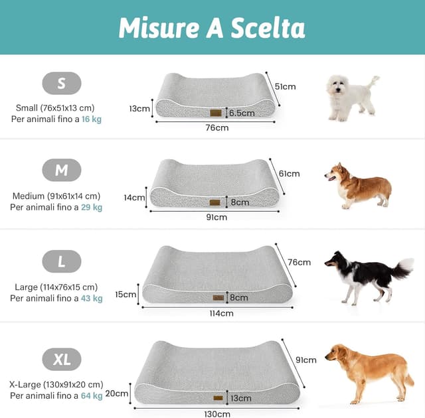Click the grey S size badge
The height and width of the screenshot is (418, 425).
pos(62,83)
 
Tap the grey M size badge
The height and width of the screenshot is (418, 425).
pos(62,170)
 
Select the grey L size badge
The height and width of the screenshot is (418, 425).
pos(62,261)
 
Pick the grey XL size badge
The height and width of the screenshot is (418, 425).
pos(62,359)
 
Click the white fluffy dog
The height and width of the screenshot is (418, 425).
pos(352,98)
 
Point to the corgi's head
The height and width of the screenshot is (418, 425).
pos(335,174)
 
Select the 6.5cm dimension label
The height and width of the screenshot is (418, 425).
pos(242,113)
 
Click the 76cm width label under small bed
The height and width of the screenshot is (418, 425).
pos(217,127)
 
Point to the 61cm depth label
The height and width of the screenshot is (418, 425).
pos(290,174)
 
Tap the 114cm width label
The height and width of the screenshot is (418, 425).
pos(221,313)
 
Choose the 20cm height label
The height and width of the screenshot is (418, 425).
pos(117,393)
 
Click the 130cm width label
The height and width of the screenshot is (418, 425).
pos(217,414)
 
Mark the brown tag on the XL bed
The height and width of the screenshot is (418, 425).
pos(218,398)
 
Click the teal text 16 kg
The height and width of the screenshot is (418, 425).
pos(92,119)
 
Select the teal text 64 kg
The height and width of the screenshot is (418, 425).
pos(92,395)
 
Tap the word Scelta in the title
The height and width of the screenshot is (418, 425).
pos(268,28)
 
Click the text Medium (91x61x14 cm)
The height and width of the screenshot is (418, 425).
pos(56,196)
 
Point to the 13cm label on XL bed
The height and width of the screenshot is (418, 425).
pos(241,398)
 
